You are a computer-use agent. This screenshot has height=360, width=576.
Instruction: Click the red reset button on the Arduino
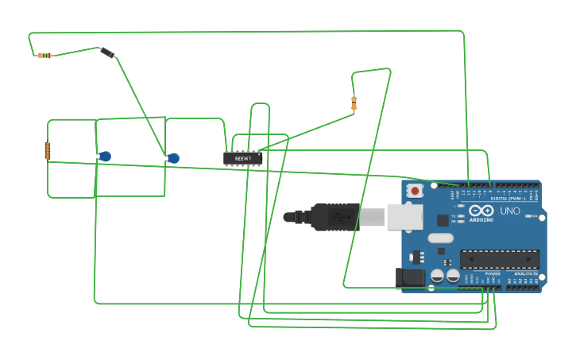414,191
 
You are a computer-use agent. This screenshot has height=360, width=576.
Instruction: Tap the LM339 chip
242,158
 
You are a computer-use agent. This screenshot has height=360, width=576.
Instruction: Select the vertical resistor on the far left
48,150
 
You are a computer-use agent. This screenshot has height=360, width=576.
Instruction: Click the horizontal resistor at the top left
44,56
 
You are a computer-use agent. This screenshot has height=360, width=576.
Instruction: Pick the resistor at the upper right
354,103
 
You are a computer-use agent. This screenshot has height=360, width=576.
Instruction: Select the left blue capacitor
104,157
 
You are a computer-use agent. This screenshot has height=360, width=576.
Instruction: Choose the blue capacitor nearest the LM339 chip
172,158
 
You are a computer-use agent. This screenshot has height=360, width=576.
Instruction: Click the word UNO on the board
509,211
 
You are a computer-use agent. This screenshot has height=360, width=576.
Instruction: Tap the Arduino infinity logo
481,211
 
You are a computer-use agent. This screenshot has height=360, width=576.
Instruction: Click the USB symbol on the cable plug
338,216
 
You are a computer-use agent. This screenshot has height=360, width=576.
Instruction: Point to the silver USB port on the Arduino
404,217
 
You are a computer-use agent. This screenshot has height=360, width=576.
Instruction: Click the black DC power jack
411,277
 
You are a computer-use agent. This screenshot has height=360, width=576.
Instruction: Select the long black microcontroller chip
499,259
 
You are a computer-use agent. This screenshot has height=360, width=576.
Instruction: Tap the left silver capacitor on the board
437,276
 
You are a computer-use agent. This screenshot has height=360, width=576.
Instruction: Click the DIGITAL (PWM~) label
508,198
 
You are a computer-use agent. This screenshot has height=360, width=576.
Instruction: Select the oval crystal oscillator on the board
440,238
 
